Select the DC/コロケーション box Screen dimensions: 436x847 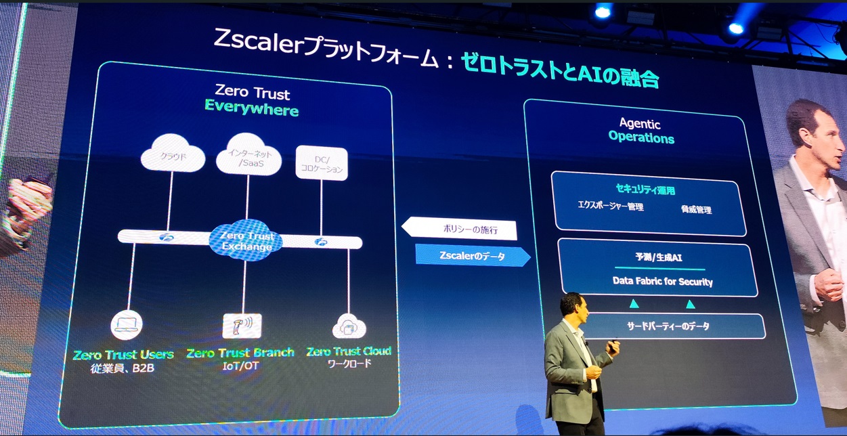tap(322, 163)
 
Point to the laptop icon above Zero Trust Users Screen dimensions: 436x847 tap(127, 325)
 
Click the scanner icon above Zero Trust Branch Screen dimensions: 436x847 tap(242, 326)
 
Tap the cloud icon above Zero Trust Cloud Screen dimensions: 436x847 tap(349, 327)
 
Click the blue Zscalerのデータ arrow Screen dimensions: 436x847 tap(472, 255)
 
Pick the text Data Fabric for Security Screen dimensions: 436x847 tap(662, 281)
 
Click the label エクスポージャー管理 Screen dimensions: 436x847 tap(610, 206)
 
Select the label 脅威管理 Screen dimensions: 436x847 tap(696, 210)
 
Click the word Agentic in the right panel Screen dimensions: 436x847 tap(640, 124)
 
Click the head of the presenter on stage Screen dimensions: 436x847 tap(571, 306)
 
